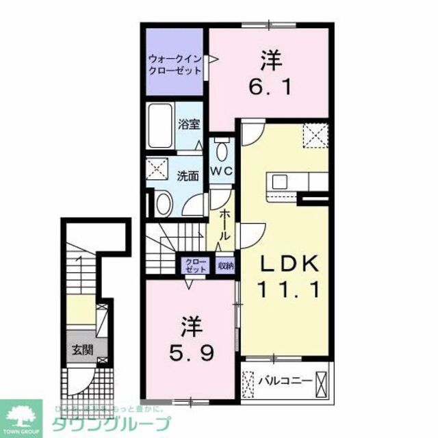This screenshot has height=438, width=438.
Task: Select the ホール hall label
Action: (x=224, y=223)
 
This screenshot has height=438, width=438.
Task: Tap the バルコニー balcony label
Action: (x=285, y=381)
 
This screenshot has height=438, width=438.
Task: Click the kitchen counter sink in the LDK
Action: (x=281, y=181)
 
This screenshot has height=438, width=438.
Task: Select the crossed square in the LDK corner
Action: (x=315, y=133)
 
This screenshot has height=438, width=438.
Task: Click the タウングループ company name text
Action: (x=113, y=422)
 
